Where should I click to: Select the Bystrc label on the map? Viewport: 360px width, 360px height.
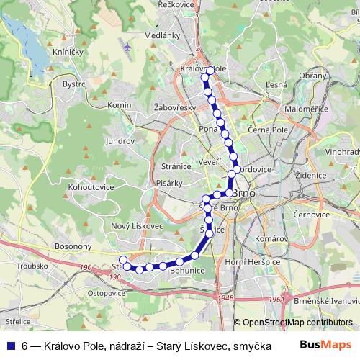tap(73, 84)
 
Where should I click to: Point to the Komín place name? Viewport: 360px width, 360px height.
tap(119, 105)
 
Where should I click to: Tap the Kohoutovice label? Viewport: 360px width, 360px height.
tap(91, 186)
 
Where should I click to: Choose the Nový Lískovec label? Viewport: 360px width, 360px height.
tap(138, 225)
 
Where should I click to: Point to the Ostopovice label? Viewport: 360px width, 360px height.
tap(107, 293)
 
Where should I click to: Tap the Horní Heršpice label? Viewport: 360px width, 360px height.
tap(252, 261)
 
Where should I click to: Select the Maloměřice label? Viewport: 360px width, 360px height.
tap(307, 108)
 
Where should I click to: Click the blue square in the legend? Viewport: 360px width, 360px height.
tap(10, 346)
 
